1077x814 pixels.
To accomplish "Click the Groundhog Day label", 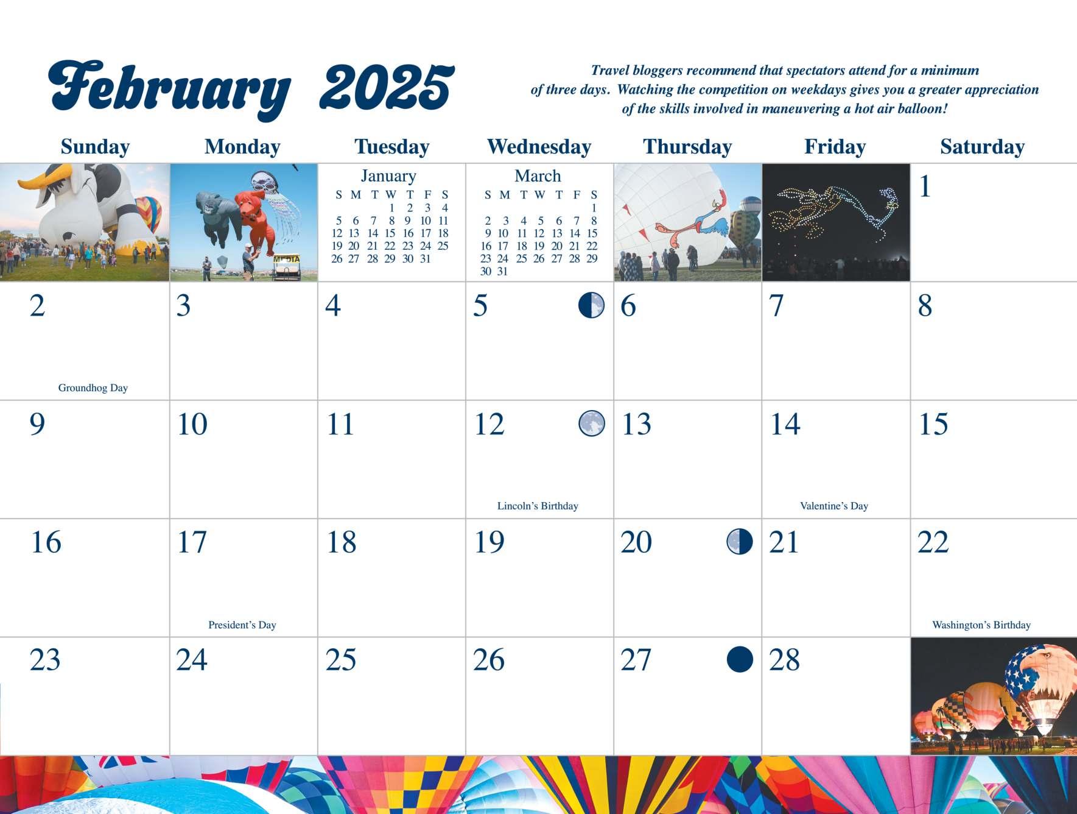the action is click(x=93, y=388).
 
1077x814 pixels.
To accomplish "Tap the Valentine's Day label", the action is click(x=834, y=506).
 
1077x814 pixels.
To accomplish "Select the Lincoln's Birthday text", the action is click(x=538, y=506).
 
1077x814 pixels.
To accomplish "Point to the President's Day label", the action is click(x=242, y=625).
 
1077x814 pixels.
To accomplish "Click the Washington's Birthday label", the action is click(x=981, y=625).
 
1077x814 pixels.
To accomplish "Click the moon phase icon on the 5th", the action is click(x=591, y=305).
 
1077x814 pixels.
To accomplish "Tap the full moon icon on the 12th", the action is click(x=592, y=423).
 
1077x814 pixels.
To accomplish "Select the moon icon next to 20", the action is click(x=740, y=542).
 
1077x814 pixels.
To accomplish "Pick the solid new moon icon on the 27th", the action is click(x=740, y=660).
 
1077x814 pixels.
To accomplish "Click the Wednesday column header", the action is click(x=539, y=147).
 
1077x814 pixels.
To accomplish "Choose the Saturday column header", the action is click(x=982, y=147).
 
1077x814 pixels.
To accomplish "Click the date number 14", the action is click(x=785, y=424).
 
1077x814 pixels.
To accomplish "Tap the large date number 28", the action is click(x=784, y=660).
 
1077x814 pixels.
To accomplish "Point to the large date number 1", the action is click(x=925, y=186).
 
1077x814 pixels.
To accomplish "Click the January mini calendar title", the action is click(x=388, y=176).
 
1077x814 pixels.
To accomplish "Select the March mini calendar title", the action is click(x=538, y=176).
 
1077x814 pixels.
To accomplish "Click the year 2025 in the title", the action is click(x=387, y=88).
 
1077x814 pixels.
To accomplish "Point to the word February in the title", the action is click(x=170, y=90).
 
